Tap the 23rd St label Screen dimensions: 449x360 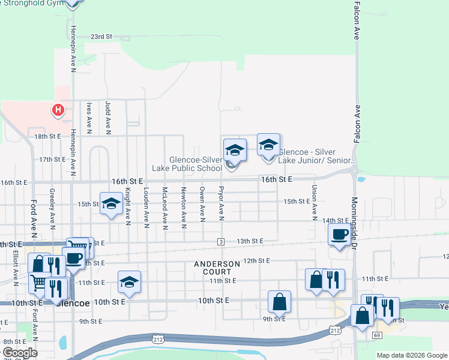(x=101, y=37)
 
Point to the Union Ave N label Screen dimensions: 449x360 (x=314, y=202)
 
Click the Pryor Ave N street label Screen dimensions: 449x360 (x=221, y=202)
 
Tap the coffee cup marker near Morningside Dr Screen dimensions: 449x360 (x=339, y=235)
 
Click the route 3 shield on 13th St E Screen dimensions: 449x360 (x=221, y=241)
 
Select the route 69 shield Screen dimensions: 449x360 (x=377, y=334)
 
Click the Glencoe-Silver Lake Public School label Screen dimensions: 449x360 (x=196, y=164)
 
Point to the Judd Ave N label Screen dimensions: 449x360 (x=108, y=116)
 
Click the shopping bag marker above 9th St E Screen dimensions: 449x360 (x=280, y=301)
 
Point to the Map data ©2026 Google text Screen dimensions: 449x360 (x=412, y=355)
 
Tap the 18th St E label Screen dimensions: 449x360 (x=48, y=137)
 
